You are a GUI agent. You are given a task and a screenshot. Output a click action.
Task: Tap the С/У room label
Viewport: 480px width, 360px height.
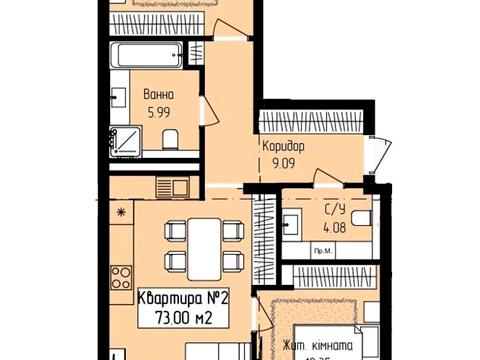coord(335,209)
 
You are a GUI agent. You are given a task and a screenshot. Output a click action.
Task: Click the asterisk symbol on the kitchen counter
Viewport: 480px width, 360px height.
coord(121,212)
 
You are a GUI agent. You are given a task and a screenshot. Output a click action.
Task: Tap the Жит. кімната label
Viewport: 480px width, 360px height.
coord(315,347)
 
